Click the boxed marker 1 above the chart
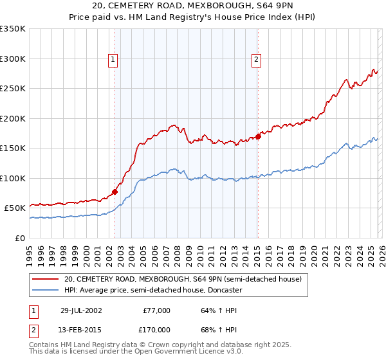click(x=113, y=60)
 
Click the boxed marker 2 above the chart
click(x=256, y=60)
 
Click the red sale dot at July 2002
click(x=115, y=191)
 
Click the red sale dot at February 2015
click(x=258, y=136)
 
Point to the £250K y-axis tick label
click(x=13, y=89)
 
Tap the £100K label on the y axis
click(x=13, y=178)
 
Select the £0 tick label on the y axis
click(x=21, y=238)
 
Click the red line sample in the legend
click(x=46, y=279)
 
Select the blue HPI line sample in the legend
click(x=46, y=290)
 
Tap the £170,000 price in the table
click(x=156, y=330)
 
